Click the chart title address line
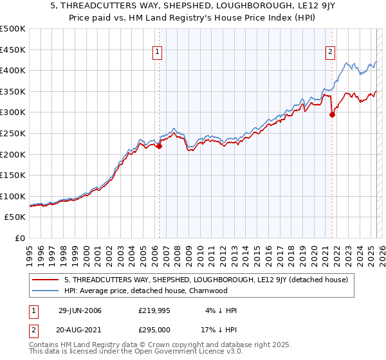(x=193, y=6)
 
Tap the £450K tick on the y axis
(x=13, y=50)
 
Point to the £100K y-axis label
(x=13, y=196)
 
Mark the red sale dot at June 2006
(x=160, y=146)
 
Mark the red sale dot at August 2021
(x=333, y=115)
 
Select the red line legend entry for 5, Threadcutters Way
(x=206, y=280)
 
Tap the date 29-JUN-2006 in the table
(x=80, y=310)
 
